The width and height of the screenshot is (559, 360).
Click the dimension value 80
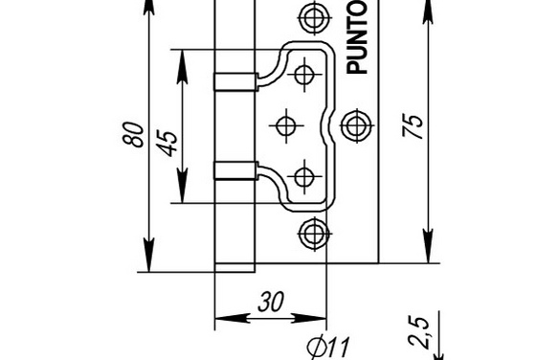tap(134, 134)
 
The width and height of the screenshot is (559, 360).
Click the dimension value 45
tap(168, 144)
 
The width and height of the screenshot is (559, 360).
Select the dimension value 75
tap(413, 126)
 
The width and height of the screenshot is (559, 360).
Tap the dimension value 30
tap(271, 303)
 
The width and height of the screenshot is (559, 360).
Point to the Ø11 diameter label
tap(328, 347)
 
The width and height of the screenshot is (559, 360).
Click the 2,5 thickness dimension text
tap(418, 332)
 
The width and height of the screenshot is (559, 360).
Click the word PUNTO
tap(357, 37)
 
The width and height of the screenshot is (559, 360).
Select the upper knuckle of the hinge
tap(235, 81)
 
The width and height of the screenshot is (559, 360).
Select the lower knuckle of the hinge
tap(235, 170)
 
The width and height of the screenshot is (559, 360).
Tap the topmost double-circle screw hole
tap(314, 17)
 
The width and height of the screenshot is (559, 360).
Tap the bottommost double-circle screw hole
tap(314, 234)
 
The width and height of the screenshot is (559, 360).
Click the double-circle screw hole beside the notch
tap(356, 125)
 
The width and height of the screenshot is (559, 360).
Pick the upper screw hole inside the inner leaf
tap(304, 75)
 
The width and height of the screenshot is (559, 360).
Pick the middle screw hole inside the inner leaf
tap(286, 125)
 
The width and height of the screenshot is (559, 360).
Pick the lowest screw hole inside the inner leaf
tap(304, 176)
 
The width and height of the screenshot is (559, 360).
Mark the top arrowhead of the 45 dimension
tap(182, 67)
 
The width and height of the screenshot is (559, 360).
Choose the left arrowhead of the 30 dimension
tap(233, 318)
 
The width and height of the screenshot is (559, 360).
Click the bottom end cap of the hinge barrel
tap(235, 268)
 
